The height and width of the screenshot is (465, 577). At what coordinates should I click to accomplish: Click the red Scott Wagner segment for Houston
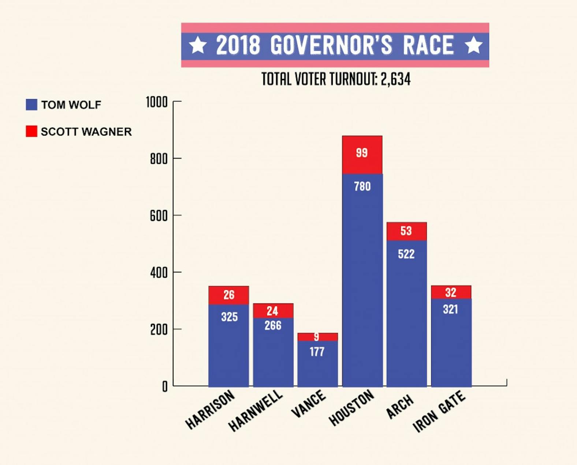[x=362, y=155]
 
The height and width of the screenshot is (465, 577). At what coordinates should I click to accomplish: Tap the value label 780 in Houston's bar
[x=362, y=187]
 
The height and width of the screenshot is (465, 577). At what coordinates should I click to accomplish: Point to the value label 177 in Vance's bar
[x=317, y=352]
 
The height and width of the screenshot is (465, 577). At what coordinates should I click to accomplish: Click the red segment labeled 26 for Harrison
[x=228, y=295]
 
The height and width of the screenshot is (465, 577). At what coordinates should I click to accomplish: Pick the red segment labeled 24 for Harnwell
[x=273, y=311]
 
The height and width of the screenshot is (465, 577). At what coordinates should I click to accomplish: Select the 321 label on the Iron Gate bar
[x=451, y=309]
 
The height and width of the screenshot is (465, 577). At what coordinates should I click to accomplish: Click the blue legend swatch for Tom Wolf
[x=31, y=104]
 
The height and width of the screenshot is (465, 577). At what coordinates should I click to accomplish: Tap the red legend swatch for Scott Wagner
[x=31, y=131]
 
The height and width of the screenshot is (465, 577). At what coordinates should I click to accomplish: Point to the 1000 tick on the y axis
[x=157, y=102]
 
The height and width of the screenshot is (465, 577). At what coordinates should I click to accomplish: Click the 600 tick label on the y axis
[x=159, y=216]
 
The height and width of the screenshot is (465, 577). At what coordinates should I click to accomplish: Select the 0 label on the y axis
[x=165, y=386]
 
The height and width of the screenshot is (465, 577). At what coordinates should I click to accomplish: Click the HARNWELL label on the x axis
[x=255, y=411]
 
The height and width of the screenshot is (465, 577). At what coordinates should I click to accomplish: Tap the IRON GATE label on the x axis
[x=439, y=412]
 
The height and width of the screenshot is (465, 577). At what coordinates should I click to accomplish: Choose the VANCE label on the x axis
[x=308, y=403]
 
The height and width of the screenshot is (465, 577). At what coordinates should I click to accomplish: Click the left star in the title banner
[x=198, y=45]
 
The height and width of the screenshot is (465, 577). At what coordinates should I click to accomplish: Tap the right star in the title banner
[x=473, y=45]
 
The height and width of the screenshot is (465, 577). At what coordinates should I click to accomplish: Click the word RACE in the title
[x=428, y=45]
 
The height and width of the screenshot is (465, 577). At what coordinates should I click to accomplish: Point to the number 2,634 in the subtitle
[x=395, y=79]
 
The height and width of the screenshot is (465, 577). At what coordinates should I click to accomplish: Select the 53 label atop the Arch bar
[x=406, y=231]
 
